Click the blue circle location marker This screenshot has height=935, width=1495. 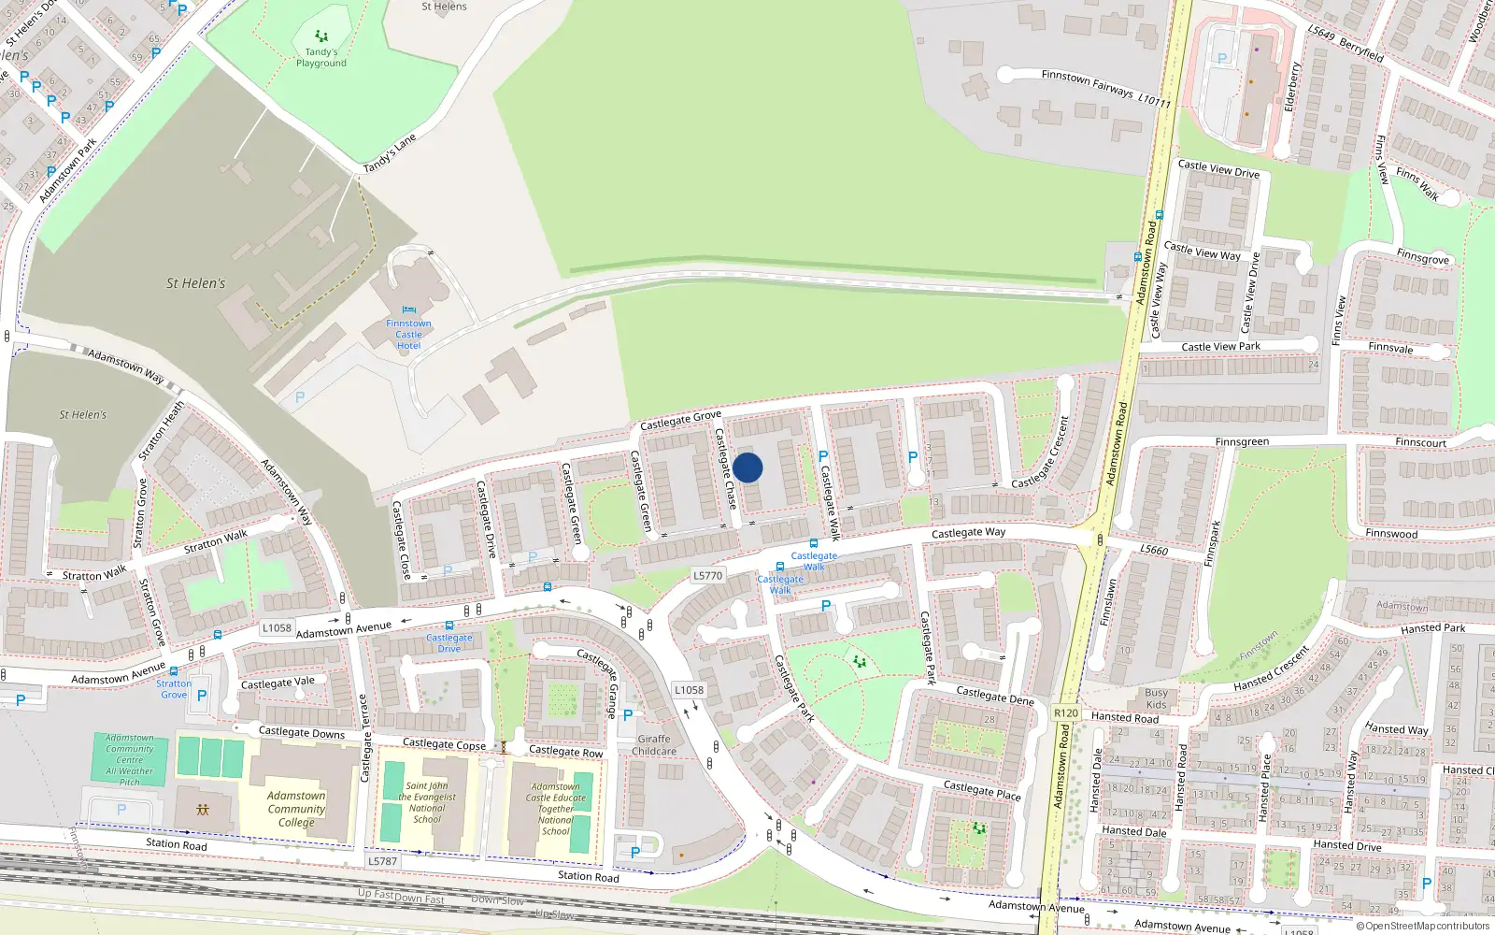pyautogui.click(x=747, y=467)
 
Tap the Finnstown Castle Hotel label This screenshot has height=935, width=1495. pyautogui.click(x=408, y=335)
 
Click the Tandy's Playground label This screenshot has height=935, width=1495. pyautogui.click(x=320, y=58)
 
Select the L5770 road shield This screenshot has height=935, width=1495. pyautogui.click(x=708, y=576)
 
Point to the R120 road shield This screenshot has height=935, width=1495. pyautogui.click(x=1065, y=712)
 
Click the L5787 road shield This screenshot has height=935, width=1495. pyautogui.click(x=382, y=861)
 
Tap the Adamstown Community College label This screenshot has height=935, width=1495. pyautogui.click(x=296, y=809)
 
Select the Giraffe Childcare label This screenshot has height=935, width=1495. pyautogui.click(x=654, y=745)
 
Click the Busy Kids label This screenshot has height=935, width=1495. pyautogui.click(x=1156, y=698)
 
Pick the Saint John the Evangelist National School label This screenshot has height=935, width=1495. pyautogui.click(x=427, y=802)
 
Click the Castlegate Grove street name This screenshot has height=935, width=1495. pyautogui.click(x=680, y=421)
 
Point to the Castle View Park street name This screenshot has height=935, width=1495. pyautogui.click(x=1220, y=347)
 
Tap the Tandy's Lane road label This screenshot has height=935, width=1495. pyautogui.click(x=389, y=153)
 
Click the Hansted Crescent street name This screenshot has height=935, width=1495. pyautogui.click(x=1271, y=669)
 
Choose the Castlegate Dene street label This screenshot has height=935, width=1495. pyautogui.click(x=995, y=695)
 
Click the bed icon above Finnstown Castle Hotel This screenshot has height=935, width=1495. pyautogui.click(x=408, y=310)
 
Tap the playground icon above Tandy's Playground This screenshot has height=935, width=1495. pyautogui.click(x=321, y=36)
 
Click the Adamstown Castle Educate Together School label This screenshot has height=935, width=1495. pyautogui.click(x=556, y=809)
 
